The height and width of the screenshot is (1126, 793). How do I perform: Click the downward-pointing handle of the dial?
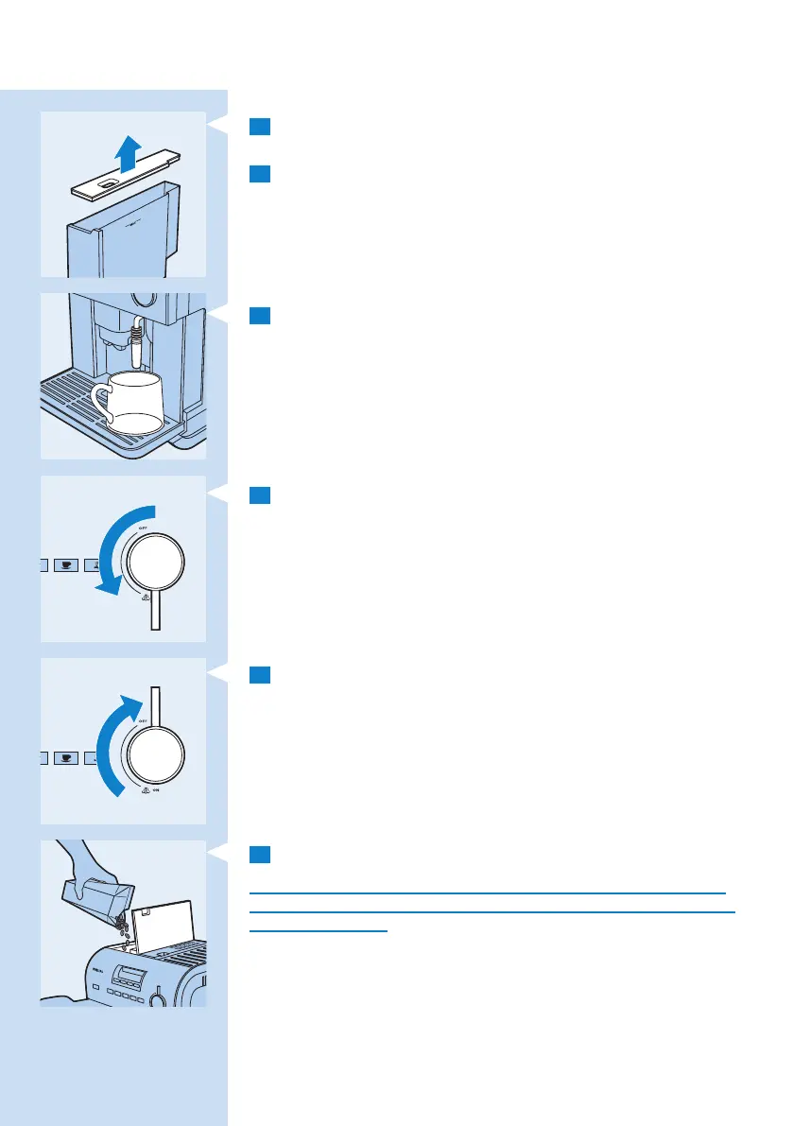click(154, 610)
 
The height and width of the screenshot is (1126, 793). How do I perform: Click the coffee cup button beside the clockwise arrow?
click(65, 757)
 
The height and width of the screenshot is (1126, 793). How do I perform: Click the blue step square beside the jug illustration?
click(260, 315)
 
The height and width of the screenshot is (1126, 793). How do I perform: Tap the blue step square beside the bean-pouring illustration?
click(260, 855)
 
